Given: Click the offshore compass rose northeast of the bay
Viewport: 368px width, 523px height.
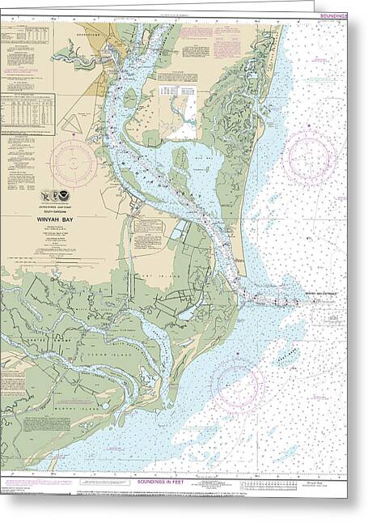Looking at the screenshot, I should [310, 154].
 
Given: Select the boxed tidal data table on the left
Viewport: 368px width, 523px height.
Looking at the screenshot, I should [27, 113].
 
